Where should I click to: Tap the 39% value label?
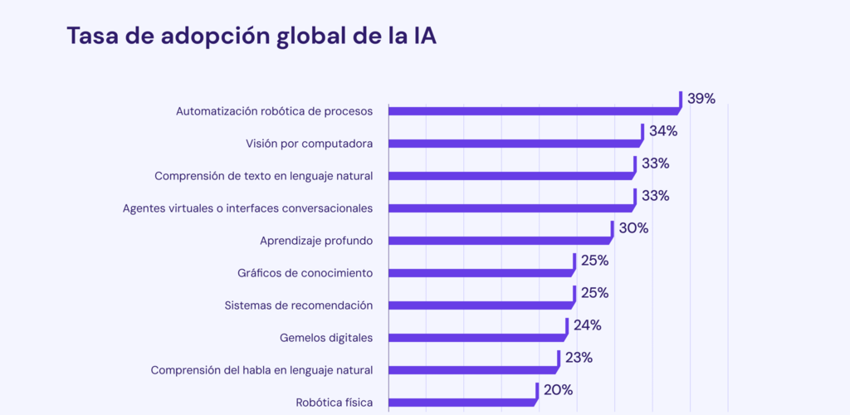pyautogui.click(x=701, y=99)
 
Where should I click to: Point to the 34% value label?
pyautogui.click(x=663, y=131)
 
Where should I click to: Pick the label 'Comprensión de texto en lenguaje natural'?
pyautogui.click(x=263, y=176)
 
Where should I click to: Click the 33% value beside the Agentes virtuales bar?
pyautogui.click(x=655, y=196)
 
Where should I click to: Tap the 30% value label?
pyautogui.click(x=633, y=228)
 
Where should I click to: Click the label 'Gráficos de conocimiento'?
pyautogui.click(x=305, y=273)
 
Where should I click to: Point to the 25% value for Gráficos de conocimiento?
pyautogui.click(x=594, y=261)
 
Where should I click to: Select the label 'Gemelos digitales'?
pyautogui.click(x=326, y=338)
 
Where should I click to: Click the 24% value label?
pyautogui.click(x=587, y=325)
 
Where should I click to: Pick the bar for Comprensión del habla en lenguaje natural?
pyautogui.click(x=471, y=369)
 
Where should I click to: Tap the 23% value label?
pyautogui.click(x=578, y=358)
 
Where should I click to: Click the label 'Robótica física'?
pyautogui.click(x=334, y=403)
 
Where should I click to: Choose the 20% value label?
pyautogui.click(x=558, y=390)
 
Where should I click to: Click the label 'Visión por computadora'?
pyautogui.click(x=309, y=144)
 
